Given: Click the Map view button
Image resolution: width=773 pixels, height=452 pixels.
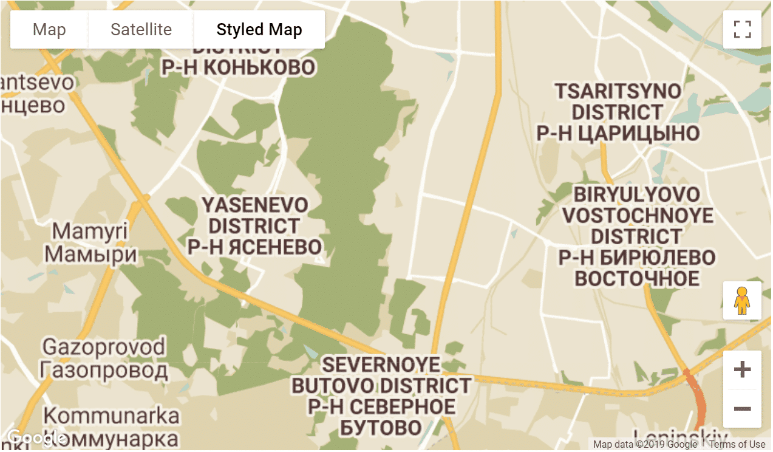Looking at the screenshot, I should pyautogui.click(x=49, y=30).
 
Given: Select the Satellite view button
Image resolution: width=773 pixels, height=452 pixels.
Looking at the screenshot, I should pyautogui.click(x=141, y=30).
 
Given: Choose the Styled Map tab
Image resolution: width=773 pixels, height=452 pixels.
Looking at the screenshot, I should pyautogui.click(x=259, y=30).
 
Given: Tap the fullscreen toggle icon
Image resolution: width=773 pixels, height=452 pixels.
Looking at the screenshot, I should pyautogui.click(x=742, y=29).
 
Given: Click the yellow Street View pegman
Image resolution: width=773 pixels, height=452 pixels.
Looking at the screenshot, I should pyautogui.click(x=742, y=300).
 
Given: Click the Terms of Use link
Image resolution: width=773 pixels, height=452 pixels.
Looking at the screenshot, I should pyautogui.click(x=737, y=445).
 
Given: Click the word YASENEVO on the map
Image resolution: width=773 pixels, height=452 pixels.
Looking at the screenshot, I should pyautogui.click(x=255, y=204).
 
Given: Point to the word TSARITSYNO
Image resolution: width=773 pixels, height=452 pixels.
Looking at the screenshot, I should pyautogui.click(x=618, y=91).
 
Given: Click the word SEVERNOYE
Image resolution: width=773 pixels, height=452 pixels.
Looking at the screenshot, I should pyautogui.click(x=381, y=365).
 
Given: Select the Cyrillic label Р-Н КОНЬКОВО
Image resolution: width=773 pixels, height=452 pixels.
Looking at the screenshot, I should pyautogui.click(x=239, y=67).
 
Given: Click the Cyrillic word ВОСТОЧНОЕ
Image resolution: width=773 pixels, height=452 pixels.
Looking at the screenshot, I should pyautogui.click(x=637, y=279).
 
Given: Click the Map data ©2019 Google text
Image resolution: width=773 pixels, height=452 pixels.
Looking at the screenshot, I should pyautogui.click(x=645, y=445).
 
